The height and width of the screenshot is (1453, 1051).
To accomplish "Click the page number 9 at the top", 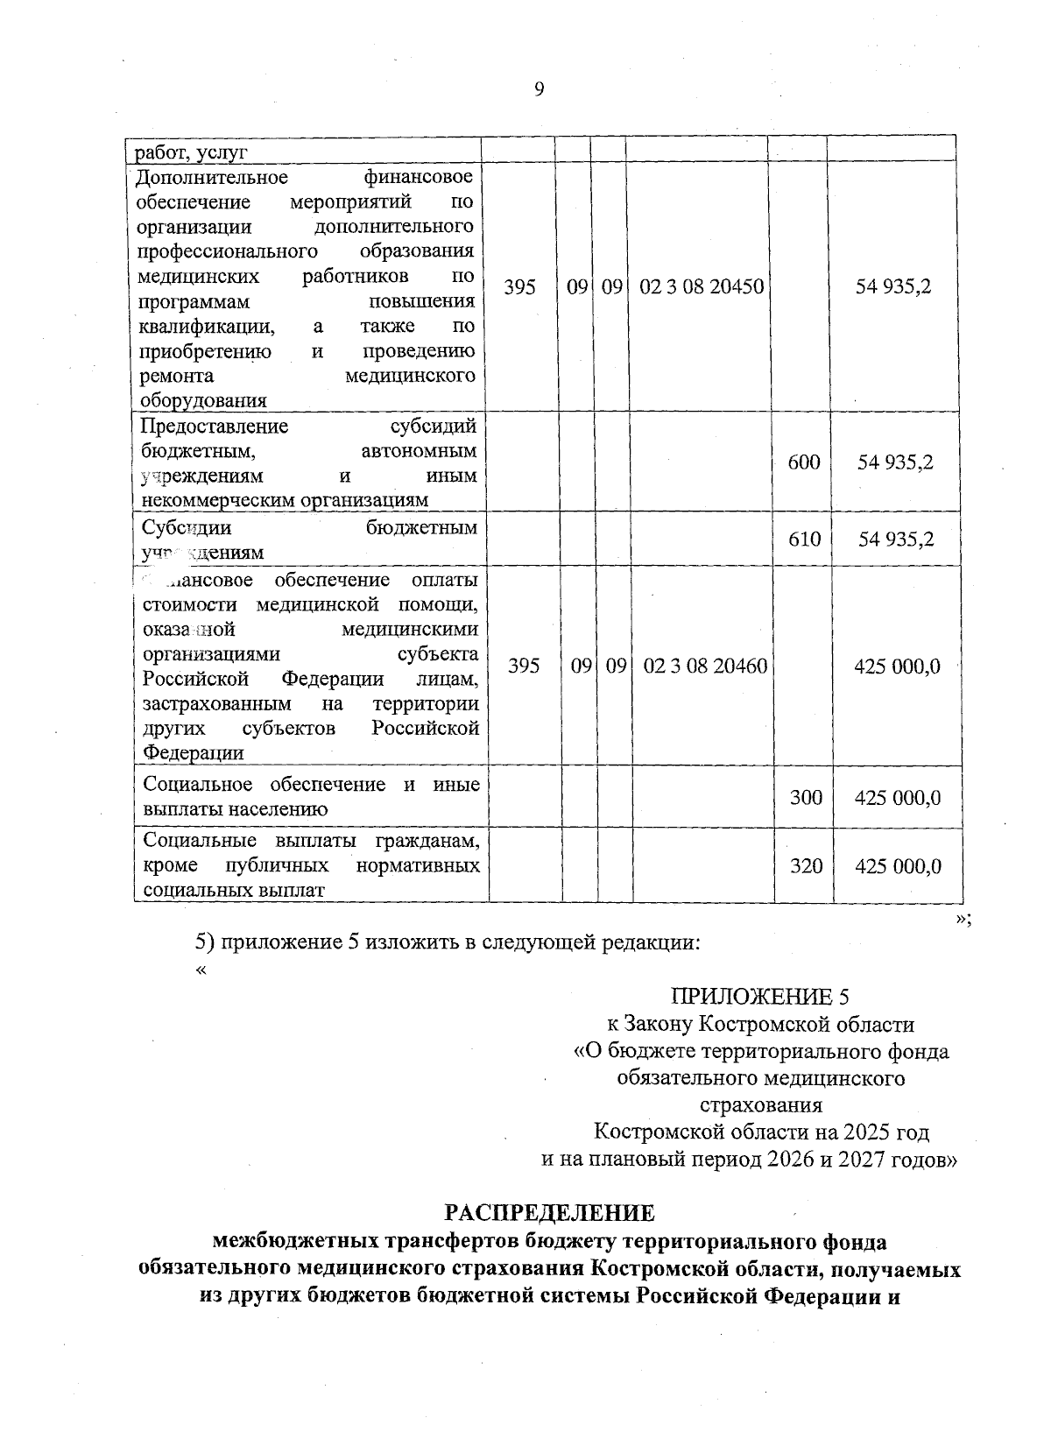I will click(x=539, y=88).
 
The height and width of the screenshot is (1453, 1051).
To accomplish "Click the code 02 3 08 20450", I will click(x=702, y=287).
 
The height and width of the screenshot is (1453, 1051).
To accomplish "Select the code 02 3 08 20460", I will click(x=705, y=667).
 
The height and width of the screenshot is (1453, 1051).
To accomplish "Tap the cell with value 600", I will click(x=803, y=462).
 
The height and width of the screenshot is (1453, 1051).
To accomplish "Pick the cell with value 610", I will click(x=803, y=539).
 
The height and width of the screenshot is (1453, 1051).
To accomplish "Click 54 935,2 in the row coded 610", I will click(x=895, y=539).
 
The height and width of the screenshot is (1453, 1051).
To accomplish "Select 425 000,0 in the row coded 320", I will click(x=897, y=866).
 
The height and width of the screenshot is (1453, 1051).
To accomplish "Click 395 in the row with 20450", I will click(x=520, y=287).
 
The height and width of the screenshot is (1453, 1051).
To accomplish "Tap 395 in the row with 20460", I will click(x=524, y=667).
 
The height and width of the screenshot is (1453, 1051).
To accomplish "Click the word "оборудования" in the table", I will click(x=202, y=401).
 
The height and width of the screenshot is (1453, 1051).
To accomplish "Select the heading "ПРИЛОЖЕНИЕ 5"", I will click(x=759, y=997).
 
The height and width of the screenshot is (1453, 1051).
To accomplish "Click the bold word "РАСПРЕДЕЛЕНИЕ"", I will click(x=549, y=1213).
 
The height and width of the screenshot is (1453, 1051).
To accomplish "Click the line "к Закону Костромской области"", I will click(x=760, y=1024).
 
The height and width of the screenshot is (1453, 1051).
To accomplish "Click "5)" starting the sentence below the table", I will click(x=204, y=942).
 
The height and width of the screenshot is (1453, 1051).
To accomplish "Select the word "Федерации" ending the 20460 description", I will click(x=194, y=753).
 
